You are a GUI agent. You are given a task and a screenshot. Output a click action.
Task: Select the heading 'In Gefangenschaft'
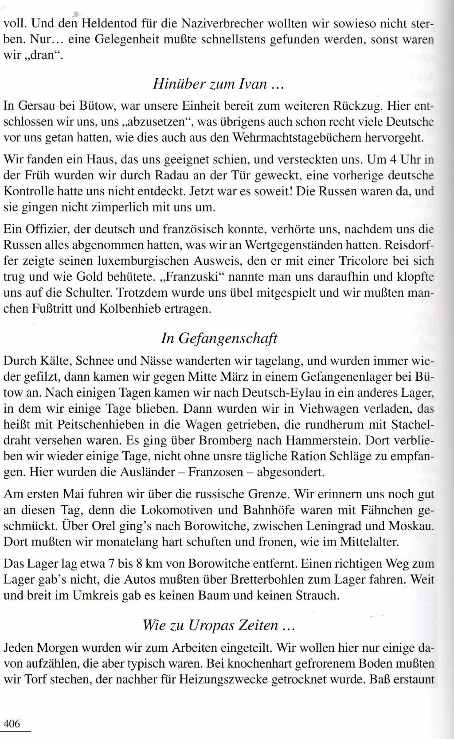(x=219, y=338)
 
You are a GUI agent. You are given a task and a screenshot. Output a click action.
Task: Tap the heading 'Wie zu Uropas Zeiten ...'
(x=219, y=625)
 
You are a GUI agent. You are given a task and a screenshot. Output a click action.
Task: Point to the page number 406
(x=12, y=724)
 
